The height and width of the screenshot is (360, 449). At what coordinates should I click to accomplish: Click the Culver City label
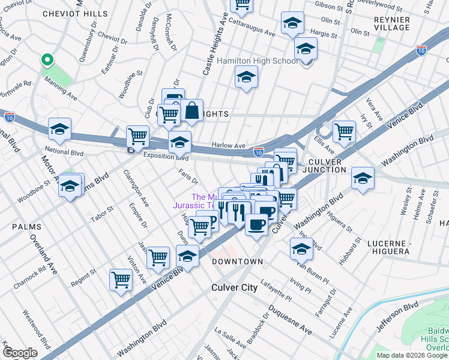[234, 287]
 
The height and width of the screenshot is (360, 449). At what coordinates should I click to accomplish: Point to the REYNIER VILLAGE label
[391, 23]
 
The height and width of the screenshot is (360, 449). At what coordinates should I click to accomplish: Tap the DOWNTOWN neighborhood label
[238, 262]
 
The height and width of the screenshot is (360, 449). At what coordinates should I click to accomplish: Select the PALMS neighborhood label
[25, 227]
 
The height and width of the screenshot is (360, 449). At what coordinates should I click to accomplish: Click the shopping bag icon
[191, 110]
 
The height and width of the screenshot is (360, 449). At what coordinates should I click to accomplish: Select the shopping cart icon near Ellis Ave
[344, 131]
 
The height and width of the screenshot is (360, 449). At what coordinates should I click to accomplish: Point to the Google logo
[20, 353]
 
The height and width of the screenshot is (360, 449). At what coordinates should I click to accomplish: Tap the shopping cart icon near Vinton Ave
[121, 280]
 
